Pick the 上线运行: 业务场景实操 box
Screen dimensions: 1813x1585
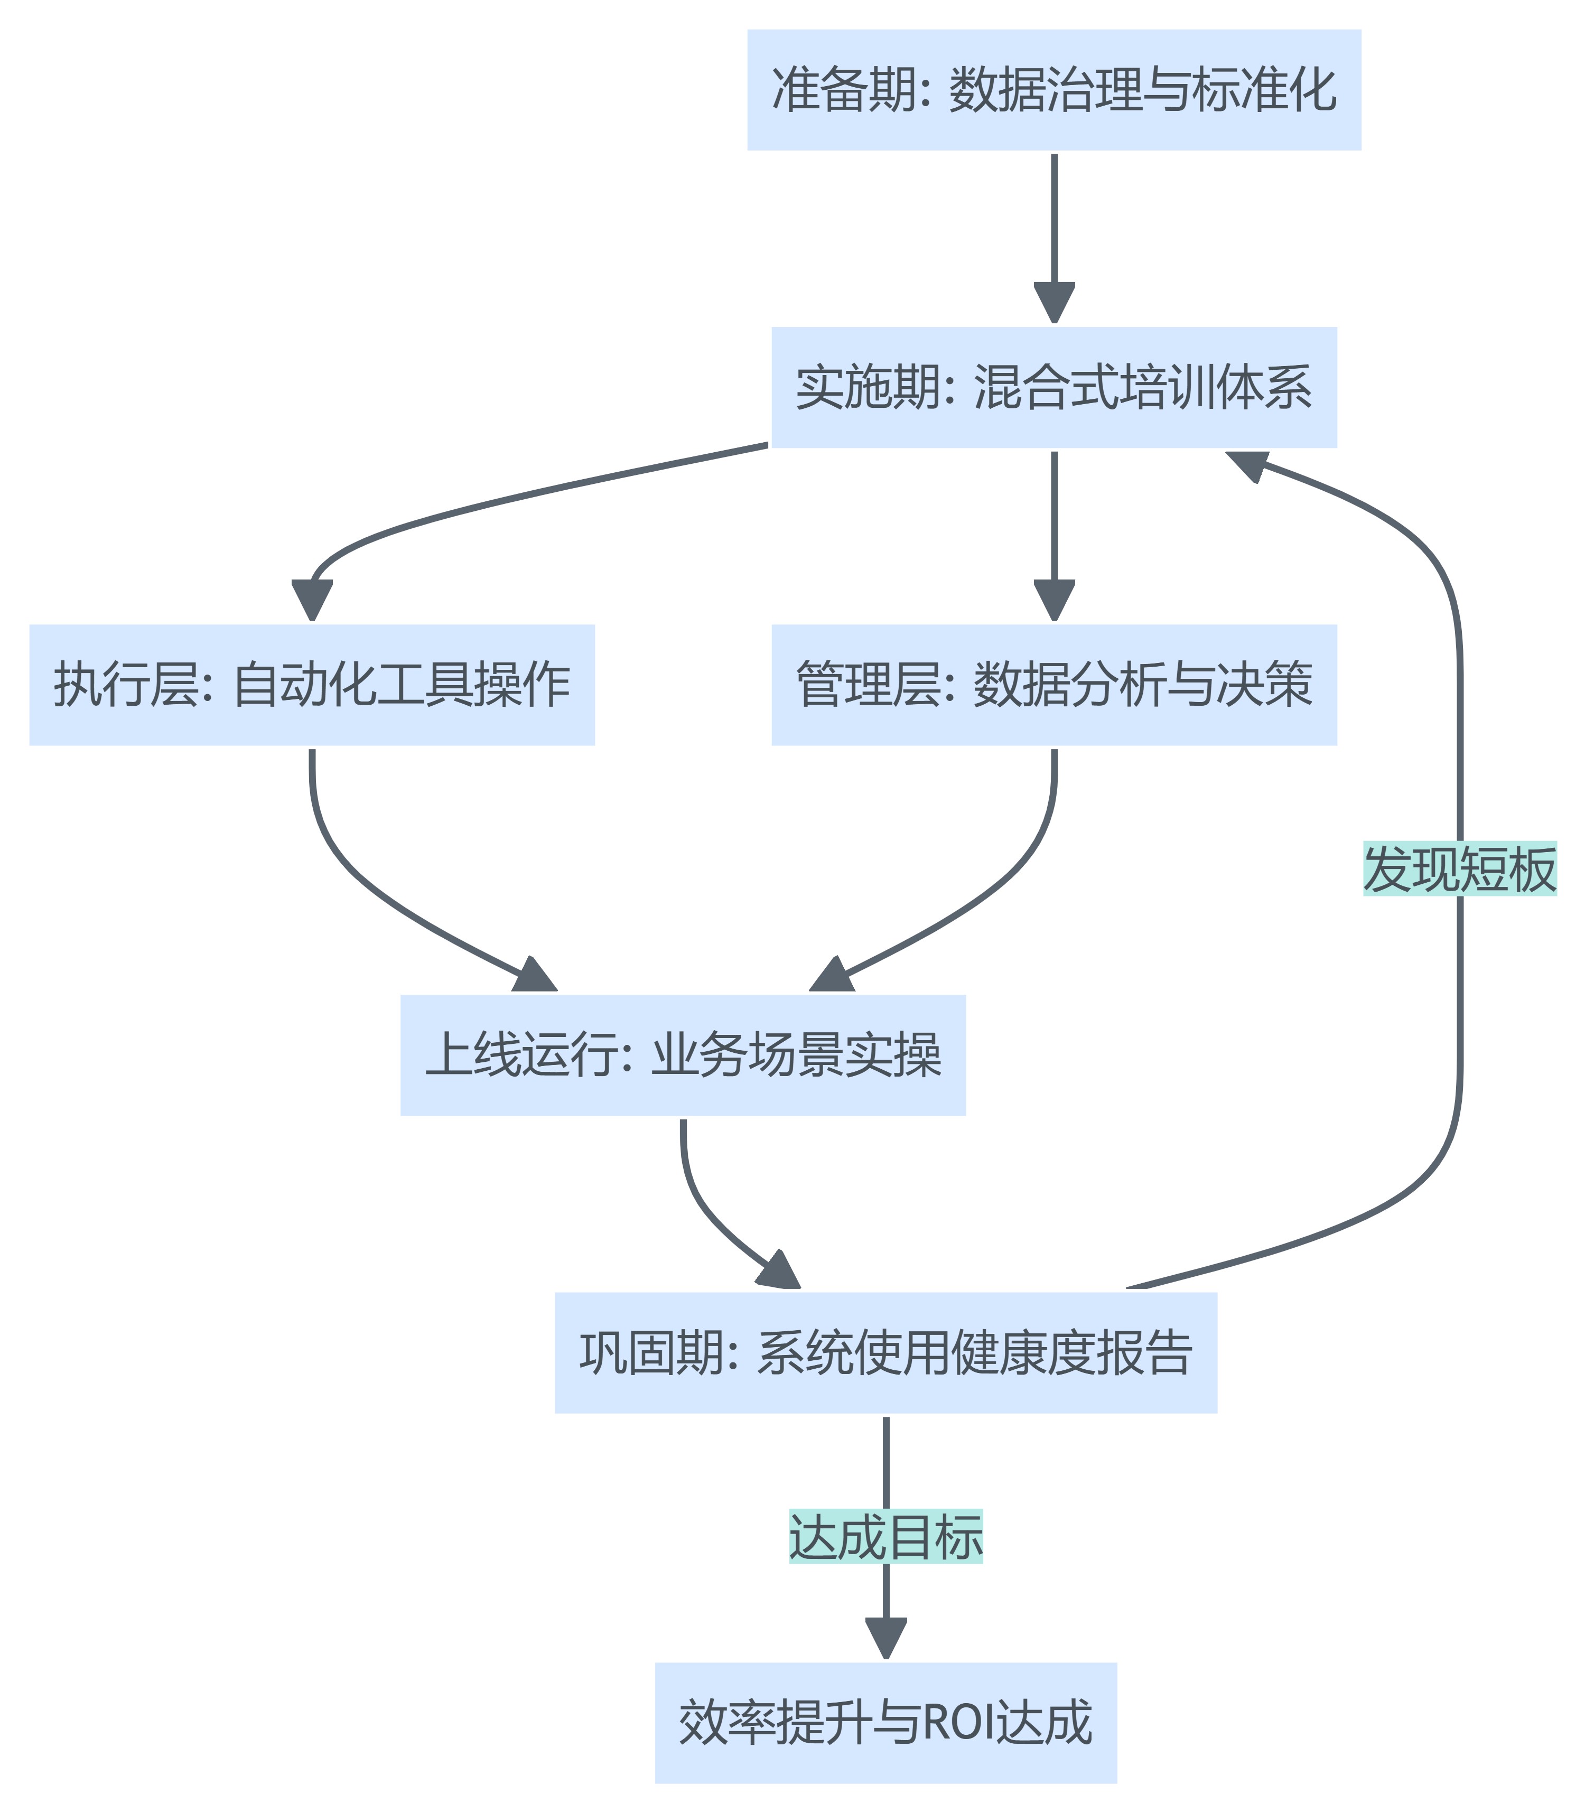(683, 1054)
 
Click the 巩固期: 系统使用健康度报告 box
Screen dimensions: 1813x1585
(885, 1352)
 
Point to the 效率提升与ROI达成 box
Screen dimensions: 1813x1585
(885, 1722)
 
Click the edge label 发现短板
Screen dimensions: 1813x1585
(1459, 868)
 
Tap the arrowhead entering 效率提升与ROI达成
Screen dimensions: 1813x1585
(885, 1638)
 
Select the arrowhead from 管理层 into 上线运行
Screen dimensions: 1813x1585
(832, 975)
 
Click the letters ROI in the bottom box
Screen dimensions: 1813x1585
(957, 1723)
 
